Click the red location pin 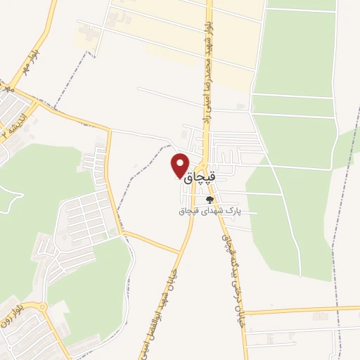click(180, 165)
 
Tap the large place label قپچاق click(200, 180)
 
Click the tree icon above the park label click(209, 199)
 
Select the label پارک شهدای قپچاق click(210, 210)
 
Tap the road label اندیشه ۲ click(13, 123)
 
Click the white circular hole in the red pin click(180, 162)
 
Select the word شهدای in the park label click(213, 210)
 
